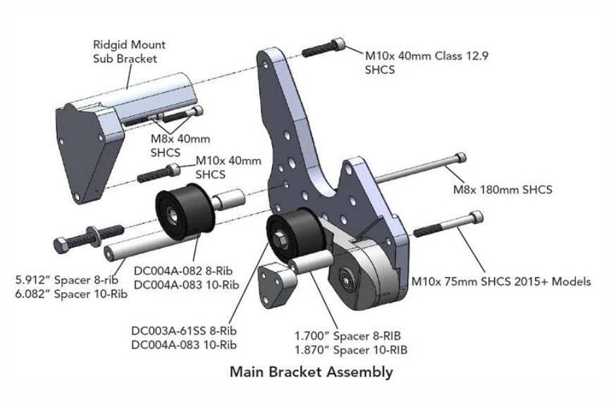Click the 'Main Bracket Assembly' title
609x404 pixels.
pyautogui.click(x=311, y=372)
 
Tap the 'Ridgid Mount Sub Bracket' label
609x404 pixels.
pyautogui.click(x=129, y=51)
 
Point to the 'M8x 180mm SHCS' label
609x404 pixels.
pyautogui.click(x=502, y=190)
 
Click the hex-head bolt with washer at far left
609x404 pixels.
pyautogui.click(x=87, y=236)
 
